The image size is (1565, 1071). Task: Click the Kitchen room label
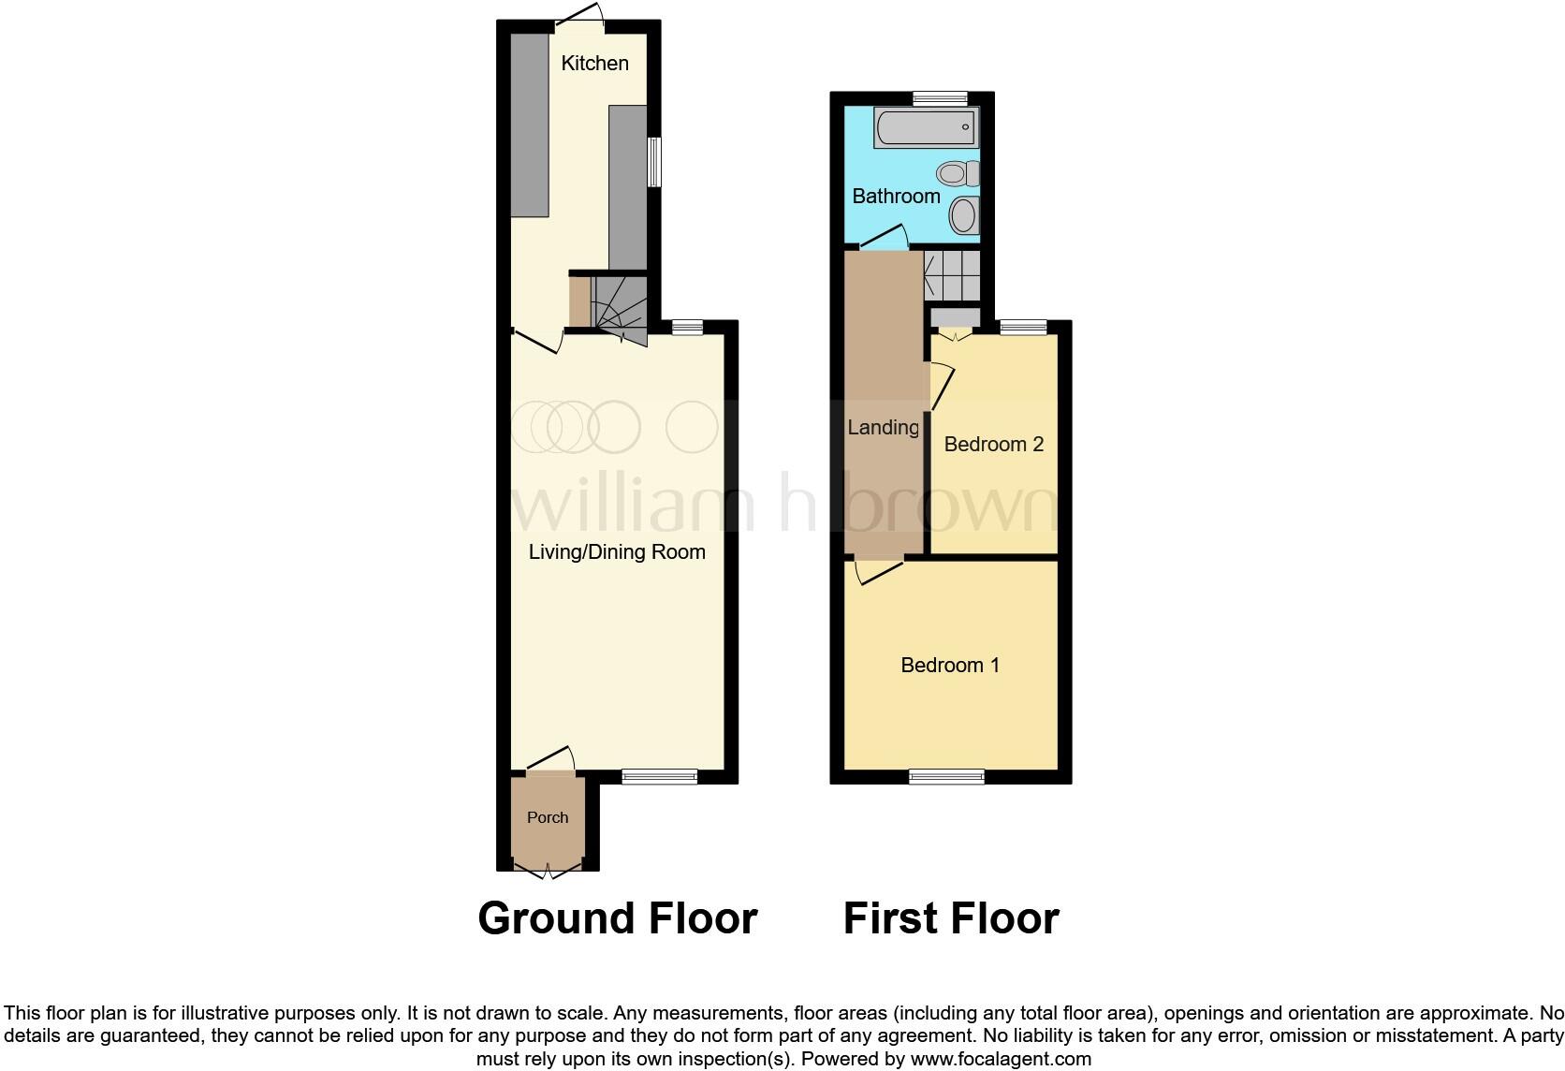tap(594, 64)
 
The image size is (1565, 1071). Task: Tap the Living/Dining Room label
tap(617, 552)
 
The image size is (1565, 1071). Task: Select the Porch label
tap(548, 818)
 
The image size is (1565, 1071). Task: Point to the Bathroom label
tap(896, 197)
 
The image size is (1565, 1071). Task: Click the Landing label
tap(883, 428)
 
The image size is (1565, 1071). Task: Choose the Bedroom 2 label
tap(993, 445)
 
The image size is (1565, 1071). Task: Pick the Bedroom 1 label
tap(950, 666)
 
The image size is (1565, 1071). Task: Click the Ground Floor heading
tap(617, 918)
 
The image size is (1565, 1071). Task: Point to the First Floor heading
tap(951, 918)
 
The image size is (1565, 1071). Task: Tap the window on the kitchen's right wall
tap(654, 161)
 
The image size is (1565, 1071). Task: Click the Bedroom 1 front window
tap(946, 776)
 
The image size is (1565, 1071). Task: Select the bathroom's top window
tap(940, 97)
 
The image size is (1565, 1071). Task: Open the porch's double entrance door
tap(548, 871)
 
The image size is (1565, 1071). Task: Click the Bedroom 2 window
tap(1023, 328)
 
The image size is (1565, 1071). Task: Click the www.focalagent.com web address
tap(1000, 1060)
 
